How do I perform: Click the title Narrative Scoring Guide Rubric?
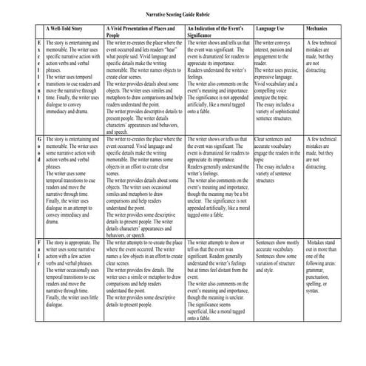pyautogui.click(x=182, y=13)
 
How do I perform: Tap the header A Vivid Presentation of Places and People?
pyautogui.click(x=145, y=33)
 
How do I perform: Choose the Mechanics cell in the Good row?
pyautogui.click(x=322, y=148)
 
